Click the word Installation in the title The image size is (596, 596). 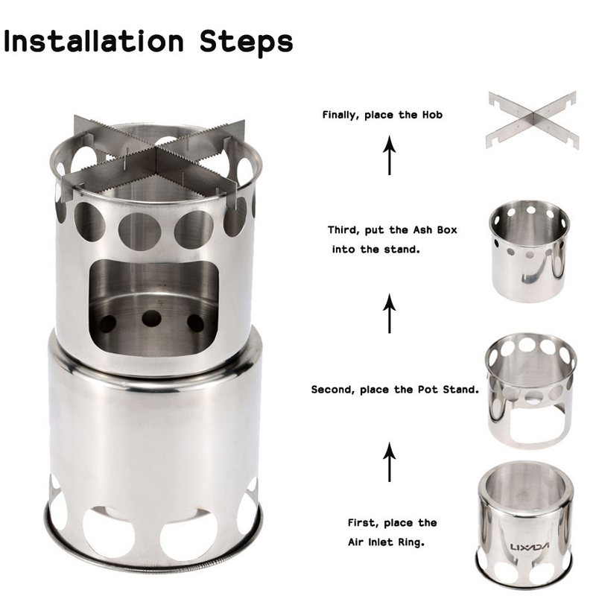click(x=94, y=41)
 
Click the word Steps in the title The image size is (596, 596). click(x=247, y=43)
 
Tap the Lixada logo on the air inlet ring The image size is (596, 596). click(x=529, y=547)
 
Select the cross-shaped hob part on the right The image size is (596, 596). click(x=532, y=121)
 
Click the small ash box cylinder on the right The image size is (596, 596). click(x=529, y=251)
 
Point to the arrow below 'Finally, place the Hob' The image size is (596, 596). click(x=389, y=155)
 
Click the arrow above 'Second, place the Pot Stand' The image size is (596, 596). click(x=389, y=313)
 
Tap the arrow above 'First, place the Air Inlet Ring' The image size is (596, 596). click(x=389, y=461)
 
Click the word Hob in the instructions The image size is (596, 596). click(x=432, y=115)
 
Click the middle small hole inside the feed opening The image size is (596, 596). click(x=151, y=318)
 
